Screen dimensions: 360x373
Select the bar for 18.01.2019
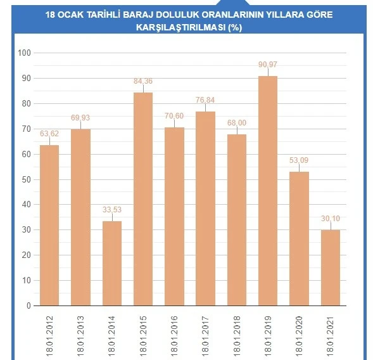point(268,190)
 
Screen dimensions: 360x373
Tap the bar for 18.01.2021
point(330,267)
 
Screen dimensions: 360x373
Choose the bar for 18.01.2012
point(49,225)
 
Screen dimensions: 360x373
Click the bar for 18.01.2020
point(299,238)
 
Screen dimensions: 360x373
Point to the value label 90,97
point(268,65)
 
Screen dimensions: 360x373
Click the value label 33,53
point(111,210)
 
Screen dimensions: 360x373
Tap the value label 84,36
point(142,81)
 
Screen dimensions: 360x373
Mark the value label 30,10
point(330,219)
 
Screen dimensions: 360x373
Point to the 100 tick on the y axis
point(25,53)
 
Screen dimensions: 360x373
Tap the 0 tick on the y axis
point(28,305)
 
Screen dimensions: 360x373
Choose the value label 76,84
point(205,100)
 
